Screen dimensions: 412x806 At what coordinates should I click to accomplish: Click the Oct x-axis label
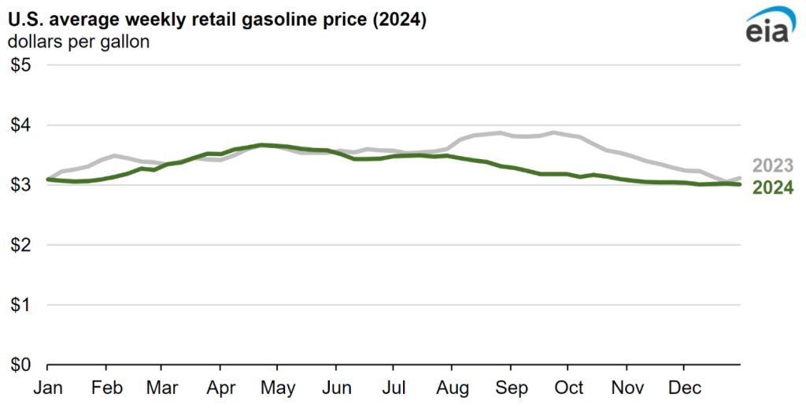(568, 388)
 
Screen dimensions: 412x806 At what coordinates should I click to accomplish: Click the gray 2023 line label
(773, 166)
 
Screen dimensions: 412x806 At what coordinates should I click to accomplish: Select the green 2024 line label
(773, 187)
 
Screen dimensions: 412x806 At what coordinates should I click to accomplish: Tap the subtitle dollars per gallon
(79, 42)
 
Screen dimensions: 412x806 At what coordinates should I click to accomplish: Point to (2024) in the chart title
(401, 20)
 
